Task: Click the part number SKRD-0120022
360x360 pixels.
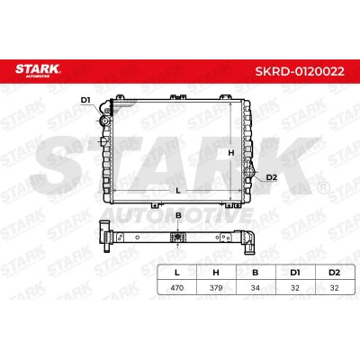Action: [300, 72]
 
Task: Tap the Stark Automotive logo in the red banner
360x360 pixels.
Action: [38, 70]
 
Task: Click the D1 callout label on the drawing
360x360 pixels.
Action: [85, 100]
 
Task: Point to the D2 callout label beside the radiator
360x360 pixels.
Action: [272, 177]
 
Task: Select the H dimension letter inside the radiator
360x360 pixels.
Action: [231, 153]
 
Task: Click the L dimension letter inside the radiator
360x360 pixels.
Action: [178, 191]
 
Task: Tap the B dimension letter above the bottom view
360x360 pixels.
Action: [178, 215]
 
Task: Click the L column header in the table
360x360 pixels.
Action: [177, 273]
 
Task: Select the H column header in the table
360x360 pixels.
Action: [216, 273]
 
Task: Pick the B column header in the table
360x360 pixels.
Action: [256, 273]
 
